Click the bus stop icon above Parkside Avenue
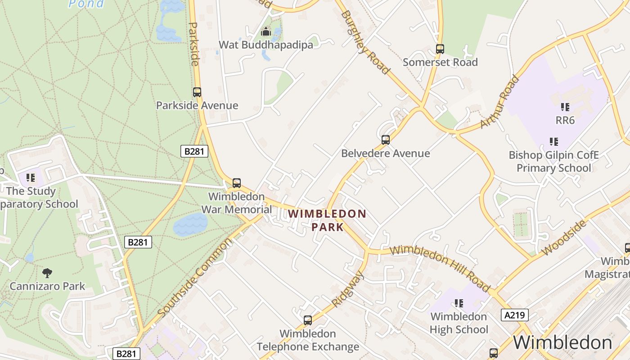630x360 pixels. click(x=197, y=92)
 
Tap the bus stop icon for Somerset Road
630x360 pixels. click(x=440, y=49)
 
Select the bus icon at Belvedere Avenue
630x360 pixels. click(x=386, y=140)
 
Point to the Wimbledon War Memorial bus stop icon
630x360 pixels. click(x=237, y=183)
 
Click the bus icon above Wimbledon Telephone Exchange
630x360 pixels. click(x=308, y=320)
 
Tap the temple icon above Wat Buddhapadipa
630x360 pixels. click(x=266, y=32)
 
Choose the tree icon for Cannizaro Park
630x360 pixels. click(x=47, y=273)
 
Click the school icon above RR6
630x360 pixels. click(x=565, y=107)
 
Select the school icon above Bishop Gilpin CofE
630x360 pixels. click(x=554, y=142)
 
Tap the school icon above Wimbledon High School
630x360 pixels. click(x=459, y=303)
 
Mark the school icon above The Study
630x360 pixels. click(x=31, y=178)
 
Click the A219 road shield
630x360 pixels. click(x=514, y=315)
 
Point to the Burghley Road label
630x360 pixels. click(x=365, y=41)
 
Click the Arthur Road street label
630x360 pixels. click(x=499, y=102)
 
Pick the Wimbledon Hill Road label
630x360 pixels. click(x=440, y=268)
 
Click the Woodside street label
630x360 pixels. click(x=564, y=237)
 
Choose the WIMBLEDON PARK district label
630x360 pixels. click(x=327, y=220)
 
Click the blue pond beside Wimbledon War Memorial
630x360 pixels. click(x=190, y=225)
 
